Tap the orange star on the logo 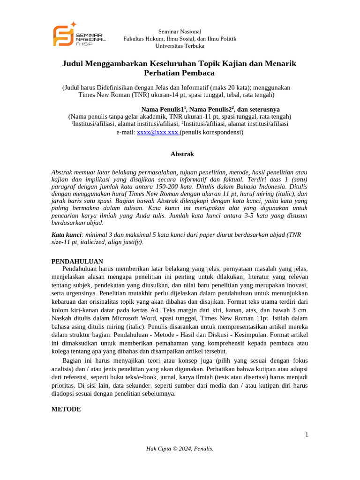pos(73,24)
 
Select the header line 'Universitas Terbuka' pos(180,46)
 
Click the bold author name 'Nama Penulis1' pos(167,109)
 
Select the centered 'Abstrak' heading pos(182,154)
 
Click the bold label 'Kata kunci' pos(66,234)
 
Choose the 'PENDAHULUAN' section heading pos(77,261)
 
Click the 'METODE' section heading pos(66,409)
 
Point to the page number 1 pos(307,435)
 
